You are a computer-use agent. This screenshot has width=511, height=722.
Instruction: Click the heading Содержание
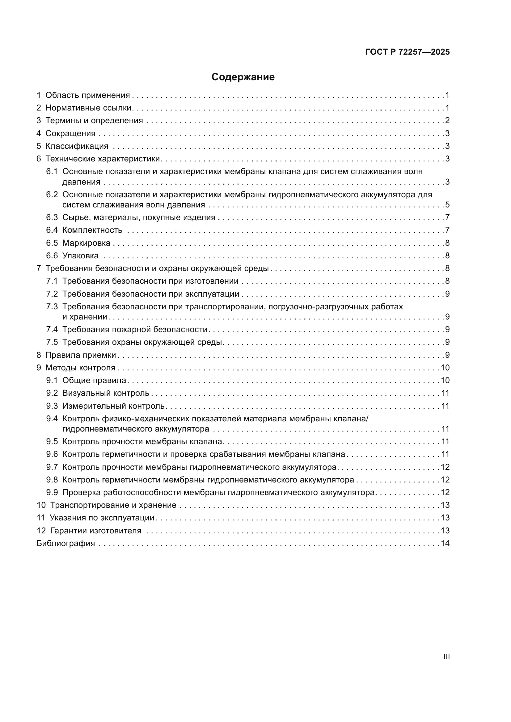tap(243, 77)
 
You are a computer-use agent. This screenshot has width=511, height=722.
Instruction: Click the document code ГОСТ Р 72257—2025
tap(408, 52)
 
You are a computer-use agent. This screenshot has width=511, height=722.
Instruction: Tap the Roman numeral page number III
tap(446, 657)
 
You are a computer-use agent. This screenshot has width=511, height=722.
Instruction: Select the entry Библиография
tap(66, 543)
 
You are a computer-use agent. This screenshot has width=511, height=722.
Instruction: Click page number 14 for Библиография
tap(445, 543)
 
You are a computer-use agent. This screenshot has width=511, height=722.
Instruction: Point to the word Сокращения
tap(70, 133)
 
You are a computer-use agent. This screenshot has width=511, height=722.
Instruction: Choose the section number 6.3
tap(52, 217)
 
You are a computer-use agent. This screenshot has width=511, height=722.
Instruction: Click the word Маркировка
tap(86, 243)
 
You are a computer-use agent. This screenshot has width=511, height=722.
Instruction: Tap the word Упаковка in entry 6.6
tap(80, 256)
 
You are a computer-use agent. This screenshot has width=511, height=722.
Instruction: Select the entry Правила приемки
tap(81, 355)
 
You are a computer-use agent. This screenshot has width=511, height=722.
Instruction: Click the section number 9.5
tap(52, 441)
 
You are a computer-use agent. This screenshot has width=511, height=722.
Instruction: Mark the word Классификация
tap(77, 146)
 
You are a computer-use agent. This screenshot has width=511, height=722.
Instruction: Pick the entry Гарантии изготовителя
tap(96, 531)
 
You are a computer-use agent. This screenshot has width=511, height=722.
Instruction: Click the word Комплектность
tap(92, 230)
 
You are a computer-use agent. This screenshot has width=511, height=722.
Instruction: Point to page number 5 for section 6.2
tap(447, 205)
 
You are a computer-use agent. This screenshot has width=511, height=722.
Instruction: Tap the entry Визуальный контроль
tap(106, 393)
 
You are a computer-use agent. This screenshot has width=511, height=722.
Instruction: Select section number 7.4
tap(52, 329)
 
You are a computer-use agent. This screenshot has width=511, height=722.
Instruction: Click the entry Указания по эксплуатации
tap(102, 518)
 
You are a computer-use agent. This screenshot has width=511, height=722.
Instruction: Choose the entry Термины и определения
tap(94, 120)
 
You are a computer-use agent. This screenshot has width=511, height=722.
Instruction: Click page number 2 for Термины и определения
tap(447, 120)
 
